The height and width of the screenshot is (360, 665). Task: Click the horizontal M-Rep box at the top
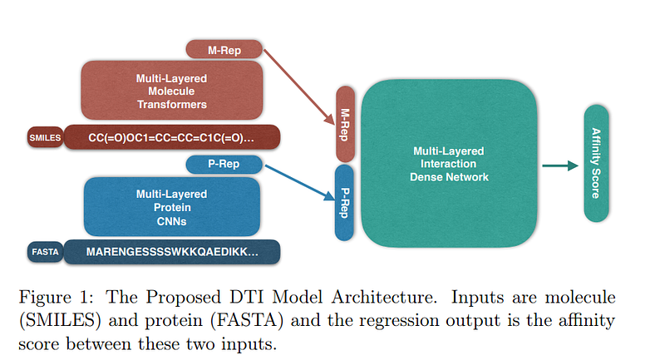224,50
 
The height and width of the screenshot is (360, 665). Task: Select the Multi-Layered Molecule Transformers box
172,91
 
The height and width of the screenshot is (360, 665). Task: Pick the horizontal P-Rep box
224,164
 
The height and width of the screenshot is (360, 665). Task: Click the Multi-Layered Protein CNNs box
172,205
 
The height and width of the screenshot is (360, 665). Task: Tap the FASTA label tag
44,252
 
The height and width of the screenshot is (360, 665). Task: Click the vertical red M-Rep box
346,123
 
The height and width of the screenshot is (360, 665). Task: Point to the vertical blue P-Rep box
346,202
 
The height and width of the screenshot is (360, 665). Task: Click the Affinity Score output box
596,164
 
